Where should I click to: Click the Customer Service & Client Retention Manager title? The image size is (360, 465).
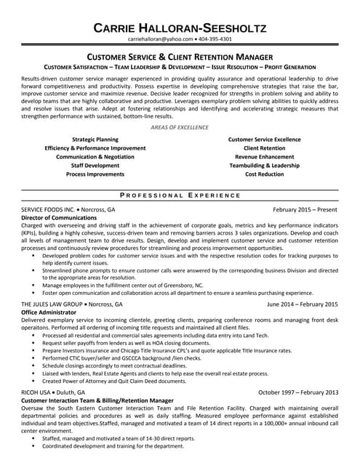click(x=180, y=56)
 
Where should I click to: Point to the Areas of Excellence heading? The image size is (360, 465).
click(x=180, y=127)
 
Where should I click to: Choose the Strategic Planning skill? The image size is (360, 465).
click(x=95, y=138)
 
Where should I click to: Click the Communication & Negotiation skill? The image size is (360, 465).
click(x=95, y=156)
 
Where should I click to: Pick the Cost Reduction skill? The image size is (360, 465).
click(x=264, y=174)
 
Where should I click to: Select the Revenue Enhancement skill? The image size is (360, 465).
click(x=264, y=156)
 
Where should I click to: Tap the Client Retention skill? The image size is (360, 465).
click(x=264, y=147)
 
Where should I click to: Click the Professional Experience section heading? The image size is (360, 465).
click(x=180, y=195)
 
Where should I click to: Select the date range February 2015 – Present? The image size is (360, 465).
click(x=305, y=209)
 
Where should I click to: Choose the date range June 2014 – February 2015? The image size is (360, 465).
click(x=302, y=304)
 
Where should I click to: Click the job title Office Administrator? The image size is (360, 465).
click(x=53, y=312)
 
